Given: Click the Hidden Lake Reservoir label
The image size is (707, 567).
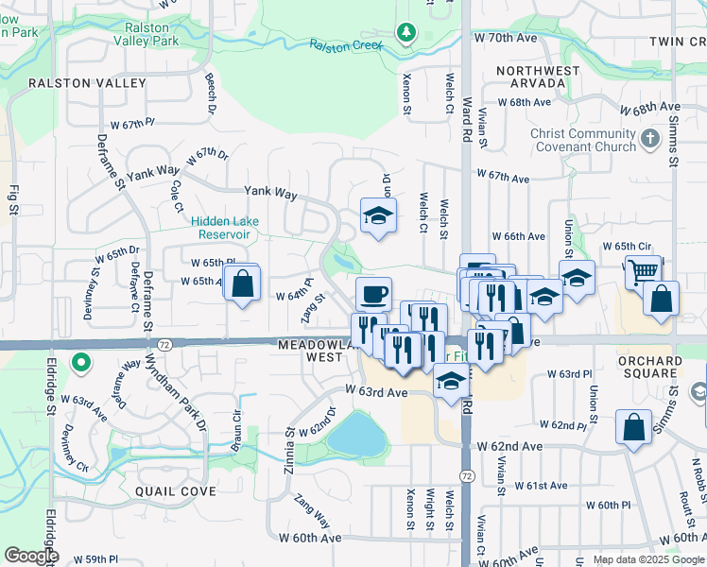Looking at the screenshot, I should click(225, 228).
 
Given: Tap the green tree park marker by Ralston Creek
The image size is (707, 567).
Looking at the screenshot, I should click(406, 34).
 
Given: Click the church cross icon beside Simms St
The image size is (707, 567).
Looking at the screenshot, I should click(649, 140).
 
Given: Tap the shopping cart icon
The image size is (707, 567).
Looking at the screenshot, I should click(643, 271).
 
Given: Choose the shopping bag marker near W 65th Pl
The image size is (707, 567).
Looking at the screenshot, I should click(242, 282).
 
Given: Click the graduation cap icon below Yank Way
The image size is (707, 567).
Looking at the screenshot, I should click(378, 216).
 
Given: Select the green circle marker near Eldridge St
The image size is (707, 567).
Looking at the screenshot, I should click(81, 362).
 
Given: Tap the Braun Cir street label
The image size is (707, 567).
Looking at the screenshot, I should click(235, 423).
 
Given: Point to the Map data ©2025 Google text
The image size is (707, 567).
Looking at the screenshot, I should click(647, 559).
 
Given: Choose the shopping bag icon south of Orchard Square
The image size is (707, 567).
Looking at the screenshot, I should click(632, 426).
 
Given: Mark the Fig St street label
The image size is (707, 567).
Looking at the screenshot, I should click(14, 202).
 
